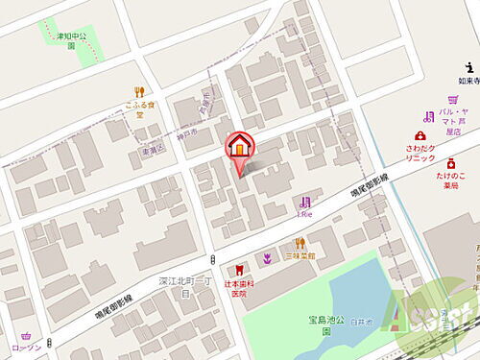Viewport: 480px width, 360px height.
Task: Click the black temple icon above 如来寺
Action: tap(468, 66)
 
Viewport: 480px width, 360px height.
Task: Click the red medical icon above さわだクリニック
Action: tap(420, 135)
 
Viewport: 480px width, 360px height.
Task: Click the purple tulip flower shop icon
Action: tap(267, 258)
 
